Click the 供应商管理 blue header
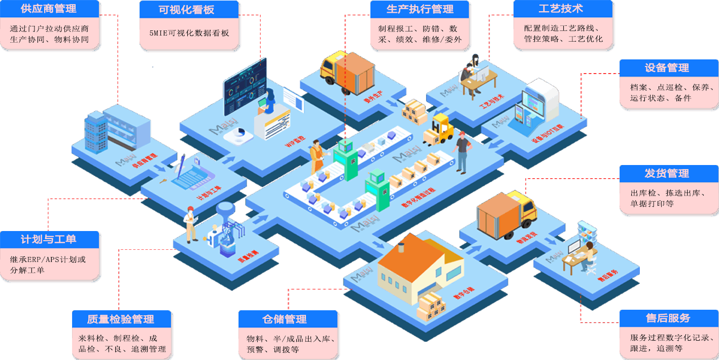click(x=49, y=9)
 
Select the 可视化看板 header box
click(x=188, y=10)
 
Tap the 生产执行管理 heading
click(x=420, y=9)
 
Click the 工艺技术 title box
click(x=560, y=9)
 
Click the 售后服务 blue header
click(x=668, y=318)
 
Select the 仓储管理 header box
click(x=287, y=319)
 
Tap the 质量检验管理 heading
click(x=121, y=319)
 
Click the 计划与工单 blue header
click(x=49, y=239)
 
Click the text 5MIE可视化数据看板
click(x=189, y=33)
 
